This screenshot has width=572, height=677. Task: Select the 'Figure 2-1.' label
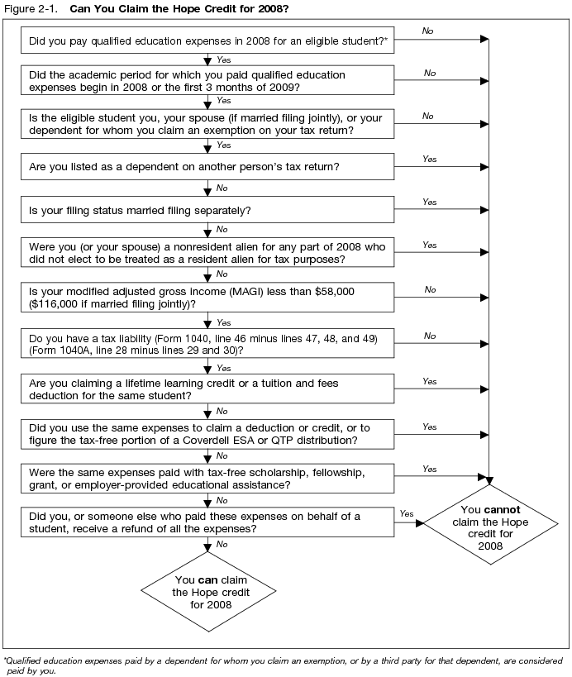point(30,9)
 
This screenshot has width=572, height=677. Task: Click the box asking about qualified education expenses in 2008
point(207,40)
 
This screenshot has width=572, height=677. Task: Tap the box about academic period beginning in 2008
point(207,81)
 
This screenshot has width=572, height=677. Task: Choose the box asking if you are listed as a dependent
point(207,167)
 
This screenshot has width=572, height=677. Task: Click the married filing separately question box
point(207,210)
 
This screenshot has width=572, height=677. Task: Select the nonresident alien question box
point(207,253)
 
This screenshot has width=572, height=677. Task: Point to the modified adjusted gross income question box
point(207,298)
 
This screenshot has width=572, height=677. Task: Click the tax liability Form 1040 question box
point(207,344)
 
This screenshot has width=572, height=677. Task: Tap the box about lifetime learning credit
point(207,389)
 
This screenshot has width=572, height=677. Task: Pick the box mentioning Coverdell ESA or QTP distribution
point(207,434)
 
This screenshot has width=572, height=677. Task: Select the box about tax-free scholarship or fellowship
point(207,478)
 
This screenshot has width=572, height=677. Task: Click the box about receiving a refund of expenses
point(207,522)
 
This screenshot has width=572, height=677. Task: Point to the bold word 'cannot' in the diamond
point(503,509)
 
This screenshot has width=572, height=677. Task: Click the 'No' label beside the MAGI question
point(430,289)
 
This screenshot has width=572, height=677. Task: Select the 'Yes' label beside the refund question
point(406,513)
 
